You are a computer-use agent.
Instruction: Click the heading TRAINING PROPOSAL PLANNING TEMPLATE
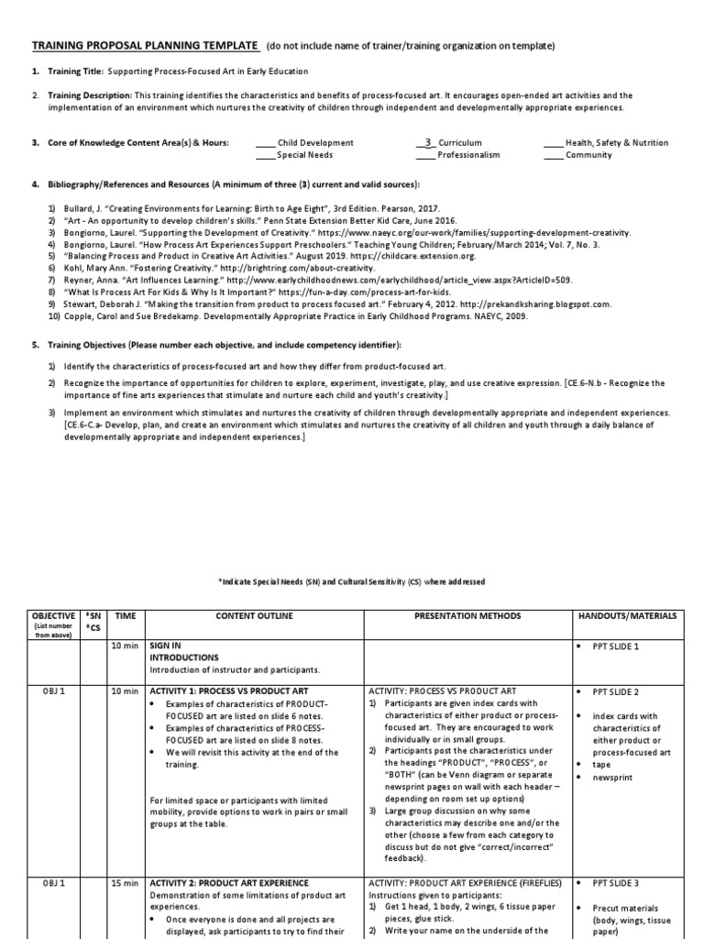click(146, 47)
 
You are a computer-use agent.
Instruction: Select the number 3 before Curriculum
click(426, 142)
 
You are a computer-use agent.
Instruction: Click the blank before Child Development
click(264, 144)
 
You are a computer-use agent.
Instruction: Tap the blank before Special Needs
click(264, 156)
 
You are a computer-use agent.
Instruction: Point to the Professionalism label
click(468, 155)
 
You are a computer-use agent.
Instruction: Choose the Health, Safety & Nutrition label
click(617, 143)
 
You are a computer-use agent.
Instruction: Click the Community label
click(588, 155)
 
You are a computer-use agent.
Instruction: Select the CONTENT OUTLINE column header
click(253, 616)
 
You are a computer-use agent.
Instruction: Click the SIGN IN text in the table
click(165, 646)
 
